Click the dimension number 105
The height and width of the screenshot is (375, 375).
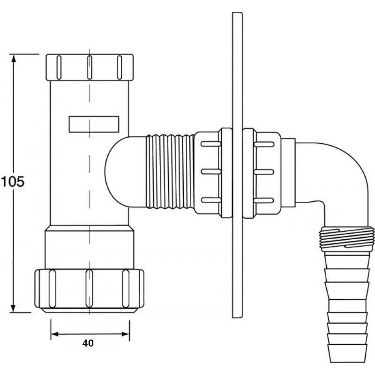[13, 181]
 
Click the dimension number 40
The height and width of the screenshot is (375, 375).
[88, 343]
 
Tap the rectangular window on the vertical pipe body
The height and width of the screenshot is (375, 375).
[94, 124]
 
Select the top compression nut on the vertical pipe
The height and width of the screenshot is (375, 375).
[90, 67]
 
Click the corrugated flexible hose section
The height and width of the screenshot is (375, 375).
[170, 171]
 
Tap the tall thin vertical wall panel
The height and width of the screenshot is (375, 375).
[237, 165]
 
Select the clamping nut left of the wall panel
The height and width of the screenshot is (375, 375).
[213, 172]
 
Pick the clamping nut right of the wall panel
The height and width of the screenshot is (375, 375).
[262, 172]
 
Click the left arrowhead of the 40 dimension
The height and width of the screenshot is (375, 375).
[55, 334]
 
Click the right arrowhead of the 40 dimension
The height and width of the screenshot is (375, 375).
[126, 334]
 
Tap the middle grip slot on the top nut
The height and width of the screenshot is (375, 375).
[90, 67]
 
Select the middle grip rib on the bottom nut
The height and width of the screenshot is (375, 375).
[89, 289]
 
